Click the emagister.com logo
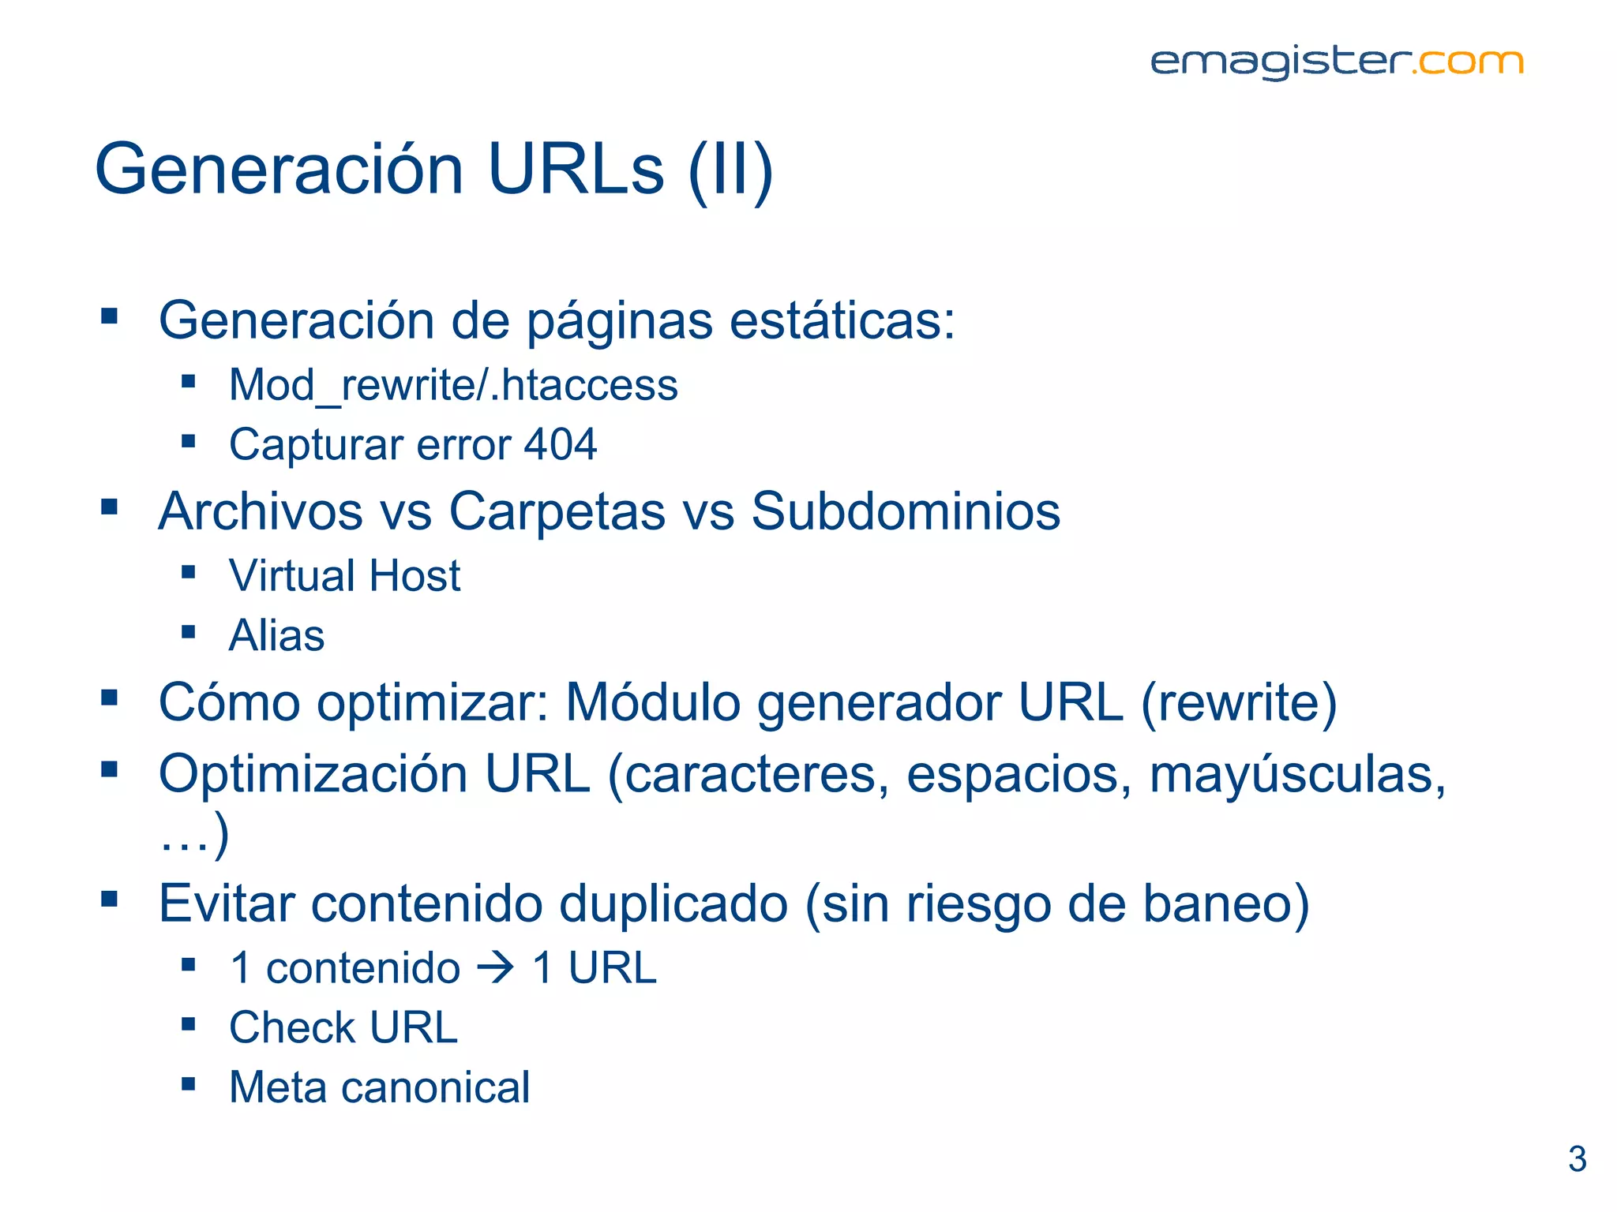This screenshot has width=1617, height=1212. click(x=1336, y=62)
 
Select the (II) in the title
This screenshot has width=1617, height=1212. click(x=730, y=171)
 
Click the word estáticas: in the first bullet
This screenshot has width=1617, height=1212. click(x=842, y=321)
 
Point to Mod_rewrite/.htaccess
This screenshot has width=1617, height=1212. click(x=453, y=385)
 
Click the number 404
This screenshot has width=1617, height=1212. click(x=561, y=444)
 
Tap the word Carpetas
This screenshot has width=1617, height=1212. click(x=557, y=511)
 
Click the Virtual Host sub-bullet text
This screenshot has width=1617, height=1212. click(x=344, y=575)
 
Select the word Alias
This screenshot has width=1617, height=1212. click(x=276, y=635)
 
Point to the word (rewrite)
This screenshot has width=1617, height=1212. click(x=1239, y=702)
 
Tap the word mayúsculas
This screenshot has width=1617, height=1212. click(x=1295, y=774)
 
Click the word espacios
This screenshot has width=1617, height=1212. click(x=1019, y=774)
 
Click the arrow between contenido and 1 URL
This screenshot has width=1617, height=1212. click(x=496, y=968)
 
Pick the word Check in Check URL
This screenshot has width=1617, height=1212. click(x=292, y=1027)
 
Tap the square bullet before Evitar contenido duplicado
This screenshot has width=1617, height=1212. click(x=109, y=899)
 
